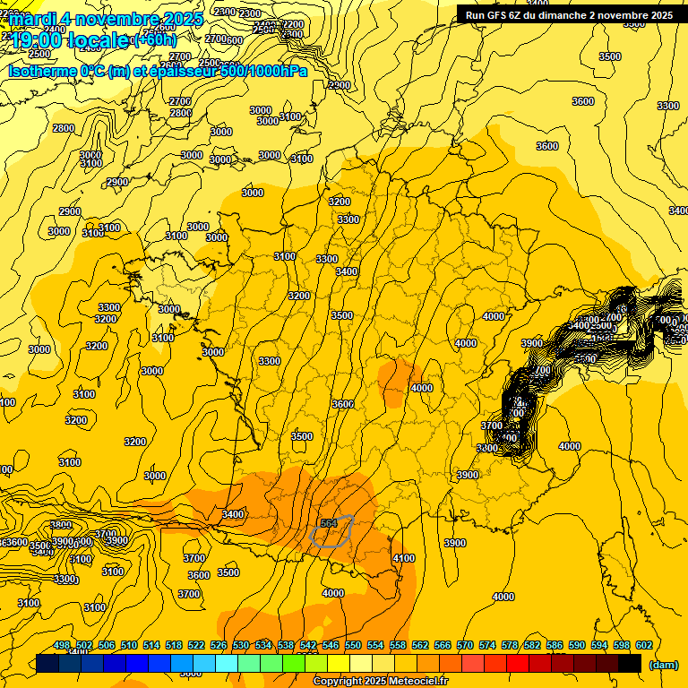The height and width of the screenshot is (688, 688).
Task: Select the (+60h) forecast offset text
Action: coord(155,40)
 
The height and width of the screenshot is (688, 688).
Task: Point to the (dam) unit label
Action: coord(662,665)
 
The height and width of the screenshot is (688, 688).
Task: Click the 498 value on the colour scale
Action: coord(62,646)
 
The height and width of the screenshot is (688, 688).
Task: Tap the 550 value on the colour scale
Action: coord(353,646)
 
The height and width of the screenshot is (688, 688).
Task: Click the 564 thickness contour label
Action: coord(328,523)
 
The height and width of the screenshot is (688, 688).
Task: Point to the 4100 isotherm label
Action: coord(404,558)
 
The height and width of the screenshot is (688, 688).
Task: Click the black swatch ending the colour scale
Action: coord(630,664)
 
